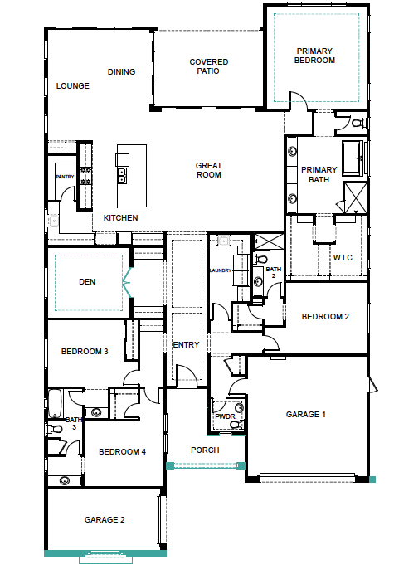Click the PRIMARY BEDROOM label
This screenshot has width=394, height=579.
(x=315, y=56)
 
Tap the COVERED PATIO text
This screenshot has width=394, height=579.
(x=208, y=67)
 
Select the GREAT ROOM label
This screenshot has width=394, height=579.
(x=208, y=170)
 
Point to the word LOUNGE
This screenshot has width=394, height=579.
(x=72, y=85)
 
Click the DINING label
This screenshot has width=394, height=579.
(x=121, y=71)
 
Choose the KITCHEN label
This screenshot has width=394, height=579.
(x=120, y=217)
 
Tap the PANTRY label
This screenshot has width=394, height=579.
(x=65, y=177)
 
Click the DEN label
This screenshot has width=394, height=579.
(x=87, y=282)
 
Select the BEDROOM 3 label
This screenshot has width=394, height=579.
(x=85, y=352)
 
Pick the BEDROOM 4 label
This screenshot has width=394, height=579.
(x=122, y=451)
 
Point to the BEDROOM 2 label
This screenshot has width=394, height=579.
(x=324, y=317)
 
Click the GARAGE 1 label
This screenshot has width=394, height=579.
(x=306, y=414)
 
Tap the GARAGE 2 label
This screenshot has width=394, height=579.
(x=105, y=520)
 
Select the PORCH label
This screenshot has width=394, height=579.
(x=205, y=450)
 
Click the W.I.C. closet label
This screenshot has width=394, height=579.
(x=343, y=257)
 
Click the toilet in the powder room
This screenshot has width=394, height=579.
(x=235, y=424)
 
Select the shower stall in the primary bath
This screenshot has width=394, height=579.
(x=355, y=197)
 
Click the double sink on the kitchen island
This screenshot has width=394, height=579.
(x=122, y=175)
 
